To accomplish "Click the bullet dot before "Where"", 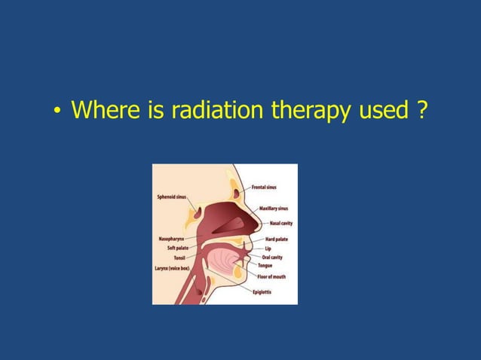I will tap(57, 113).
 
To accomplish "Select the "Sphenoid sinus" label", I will tap(172, 197).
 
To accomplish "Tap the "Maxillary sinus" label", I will tap(274, 208).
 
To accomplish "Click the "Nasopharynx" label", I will tap(172, 239).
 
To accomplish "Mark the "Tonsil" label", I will tap(179, 258).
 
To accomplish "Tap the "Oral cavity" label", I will tap(272, 257).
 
